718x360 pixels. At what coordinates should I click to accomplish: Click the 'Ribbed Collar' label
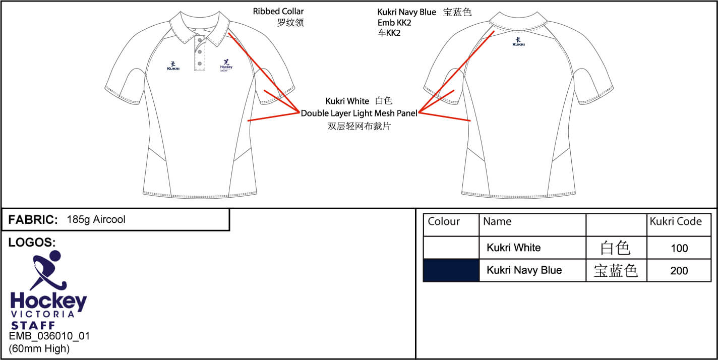[278, 12]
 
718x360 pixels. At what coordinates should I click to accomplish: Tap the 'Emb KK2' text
[394, 23]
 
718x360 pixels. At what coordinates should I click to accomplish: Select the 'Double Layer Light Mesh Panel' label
[359, 113]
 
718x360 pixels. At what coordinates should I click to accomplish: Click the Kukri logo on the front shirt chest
[173, 66]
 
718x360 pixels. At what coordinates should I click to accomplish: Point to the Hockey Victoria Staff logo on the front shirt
[226, 66]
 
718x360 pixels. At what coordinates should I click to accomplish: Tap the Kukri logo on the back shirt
[518, 42]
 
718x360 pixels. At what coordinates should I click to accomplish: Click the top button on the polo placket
[200, 40]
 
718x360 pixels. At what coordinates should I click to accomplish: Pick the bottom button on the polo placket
[200, 64]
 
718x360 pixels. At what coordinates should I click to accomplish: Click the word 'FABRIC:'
[33, 220]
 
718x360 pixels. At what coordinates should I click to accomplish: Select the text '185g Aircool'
[96, 220]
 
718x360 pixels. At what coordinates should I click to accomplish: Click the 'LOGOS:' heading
[32, 243]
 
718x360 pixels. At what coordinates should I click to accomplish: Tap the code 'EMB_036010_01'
[49, 336]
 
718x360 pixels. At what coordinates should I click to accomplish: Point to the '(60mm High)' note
[39, 348]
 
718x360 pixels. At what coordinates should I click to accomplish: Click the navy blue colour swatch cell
[451, 271]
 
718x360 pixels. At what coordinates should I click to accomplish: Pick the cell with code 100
[679, 248]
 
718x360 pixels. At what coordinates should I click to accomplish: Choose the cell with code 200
[679, 271]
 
